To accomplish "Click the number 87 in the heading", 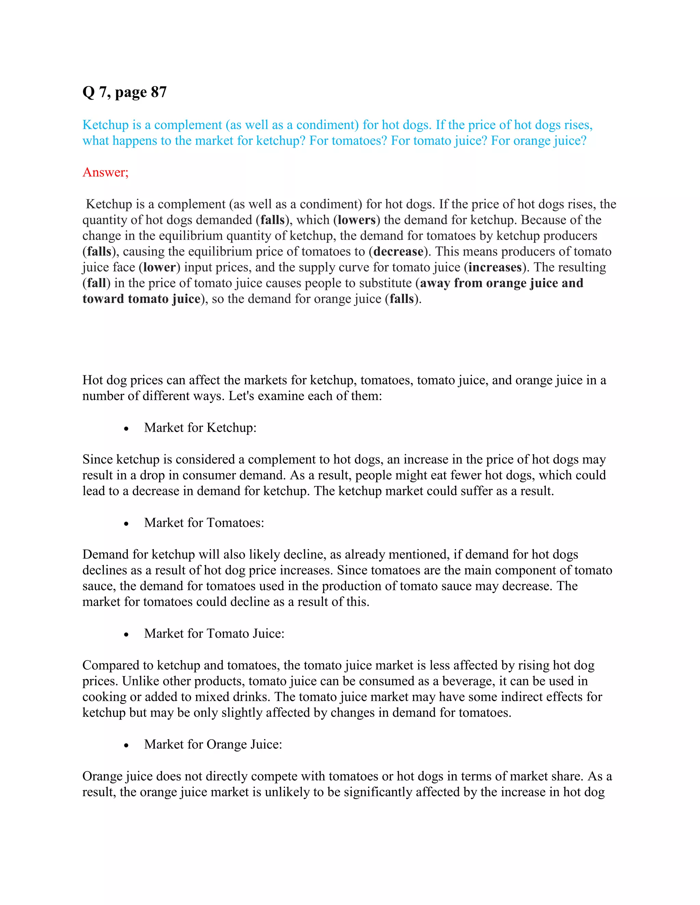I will pyautogui.click(x=158, y=92).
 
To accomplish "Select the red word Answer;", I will pyautogui.click(x=105, y=172).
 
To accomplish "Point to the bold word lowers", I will pyautogui.click(x=356, y=220).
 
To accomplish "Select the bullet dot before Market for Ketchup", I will pyautogui.click(x=126, y=429).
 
